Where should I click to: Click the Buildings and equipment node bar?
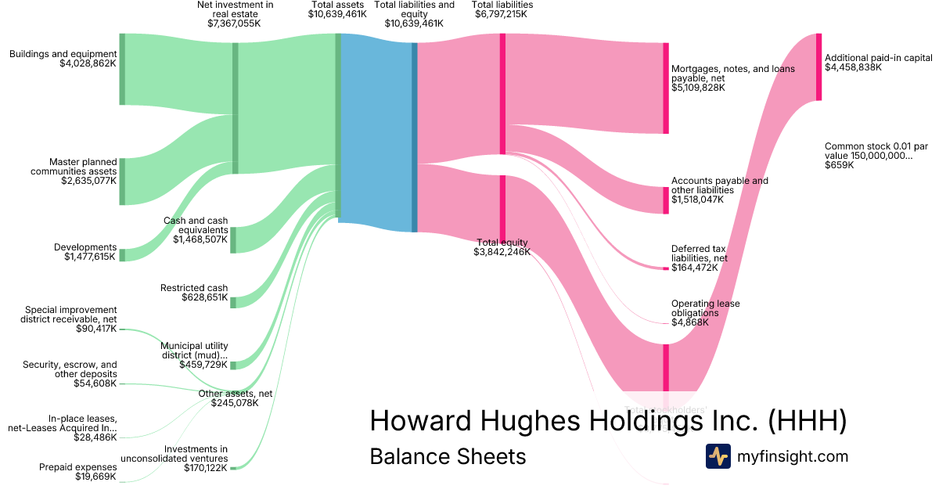point(122,69)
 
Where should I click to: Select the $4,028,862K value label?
point(88,64)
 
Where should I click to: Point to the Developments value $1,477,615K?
point(90,257)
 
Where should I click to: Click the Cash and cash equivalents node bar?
point(233,239)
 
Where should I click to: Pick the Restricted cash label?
point(194,288)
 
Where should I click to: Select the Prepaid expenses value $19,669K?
point(95,477)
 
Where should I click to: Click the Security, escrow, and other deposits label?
point(70,369)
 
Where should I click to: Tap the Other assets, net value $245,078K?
point(235,403)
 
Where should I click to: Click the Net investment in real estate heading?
point(235,9)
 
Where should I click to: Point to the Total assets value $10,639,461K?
point(337,14)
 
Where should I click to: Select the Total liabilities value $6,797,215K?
point(502,14)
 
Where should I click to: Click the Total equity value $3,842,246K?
point(502,252)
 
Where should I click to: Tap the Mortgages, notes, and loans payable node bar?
point(666,88)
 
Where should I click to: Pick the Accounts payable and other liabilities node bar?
point(666,200)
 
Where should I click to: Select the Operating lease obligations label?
point(705,308)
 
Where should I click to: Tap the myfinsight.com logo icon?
point(718,456)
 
